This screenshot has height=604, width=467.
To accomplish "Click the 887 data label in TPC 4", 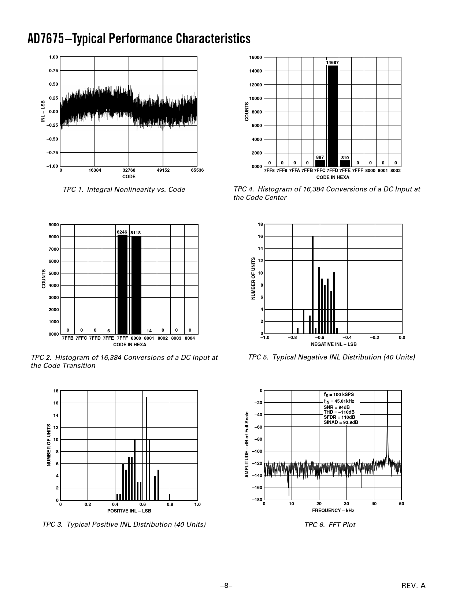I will click(x=320, y=157).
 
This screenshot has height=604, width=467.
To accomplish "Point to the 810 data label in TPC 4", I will click(x=345, y=158).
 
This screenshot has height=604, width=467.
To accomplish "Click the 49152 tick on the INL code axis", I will click(x=163, y=170).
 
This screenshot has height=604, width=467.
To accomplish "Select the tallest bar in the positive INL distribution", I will click(x=147, y=448).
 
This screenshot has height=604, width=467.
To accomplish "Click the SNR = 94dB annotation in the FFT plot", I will click(x=336, y=407).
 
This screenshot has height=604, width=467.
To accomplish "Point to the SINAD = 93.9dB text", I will click(x=341, y=422).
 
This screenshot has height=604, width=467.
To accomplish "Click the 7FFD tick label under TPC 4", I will click(x=332, y=171).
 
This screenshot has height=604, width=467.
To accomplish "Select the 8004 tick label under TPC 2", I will click(x=190, y=338).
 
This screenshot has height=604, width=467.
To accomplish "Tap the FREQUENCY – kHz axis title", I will click(x=333, y=510).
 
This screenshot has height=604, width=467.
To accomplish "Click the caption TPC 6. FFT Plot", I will click(x=330, y=525).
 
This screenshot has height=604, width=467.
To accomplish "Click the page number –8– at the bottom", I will click(x=226, y=586).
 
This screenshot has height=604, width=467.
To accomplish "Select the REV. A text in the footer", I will click(x=414, y=586).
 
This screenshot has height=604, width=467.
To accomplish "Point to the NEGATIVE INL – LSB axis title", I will click(x=334, y=344).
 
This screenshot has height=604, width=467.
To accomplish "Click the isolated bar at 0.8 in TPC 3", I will click(x=170, y=497).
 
